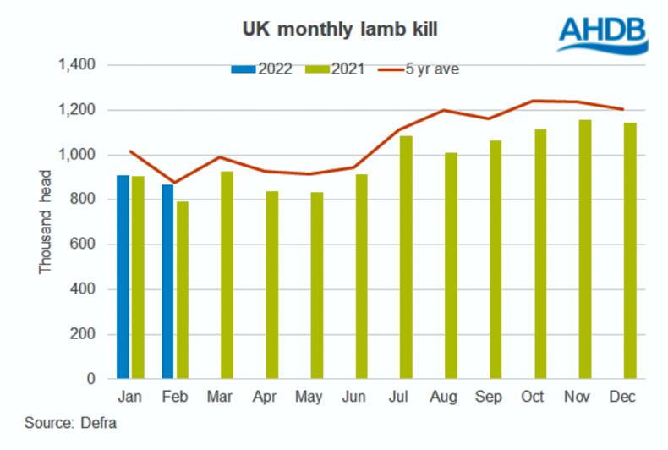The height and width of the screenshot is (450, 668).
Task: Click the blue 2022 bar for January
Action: pos(123,277)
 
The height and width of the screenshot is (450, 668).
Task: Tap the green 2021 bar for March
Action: pos(227,276)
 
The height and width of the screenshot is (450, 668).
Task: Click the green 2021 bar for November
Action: pos(584,250)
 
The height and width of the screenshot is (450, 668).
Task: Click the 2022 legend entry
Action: pos(261,69)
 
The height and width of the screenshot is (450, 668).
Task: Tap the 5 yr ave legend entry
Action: pos(423,69)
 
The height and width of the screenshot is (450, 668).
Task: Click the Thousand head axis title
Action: pos(47,222)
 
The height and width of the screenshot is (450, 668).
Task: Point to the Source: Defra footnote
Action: pos(70,424)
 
